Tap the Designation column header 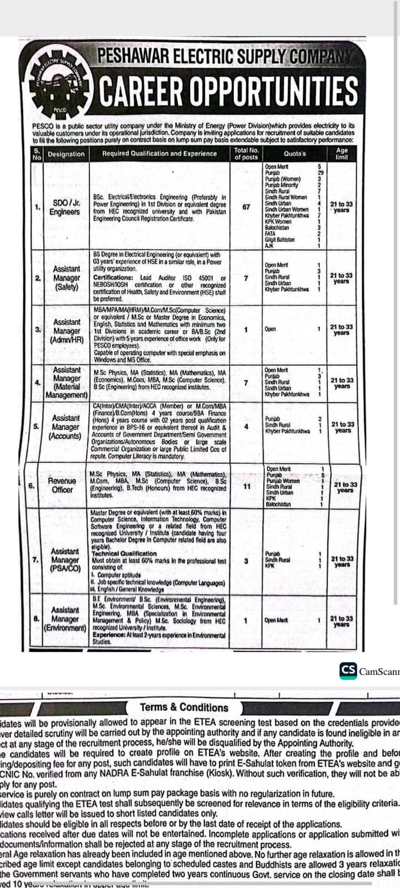[66, 154]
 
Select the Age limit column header [342, 154]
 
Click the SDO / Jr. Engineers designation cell [65, 208]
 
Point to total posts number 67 [246, 207]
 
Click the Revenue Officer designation [62, 485]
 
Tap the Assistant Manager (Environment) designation [65, 619]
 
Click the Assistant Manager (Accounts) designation [66, 427]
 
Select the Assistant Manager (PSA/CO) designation [66, 560]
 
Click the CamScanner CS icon [348, 670]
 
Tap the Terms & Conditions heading [184, 707]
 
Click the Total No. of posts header [246, 154]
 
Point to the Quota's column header [294, 154]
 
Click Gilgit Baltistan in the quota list [279, 239]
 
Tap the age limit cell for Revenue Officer [345, 487]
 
